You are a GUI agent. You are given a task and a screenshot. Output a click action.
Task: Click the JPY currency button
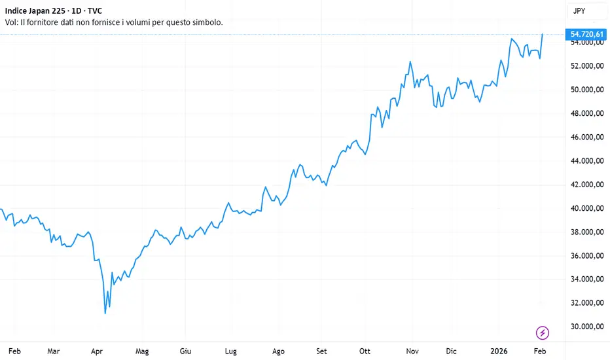point(579,11)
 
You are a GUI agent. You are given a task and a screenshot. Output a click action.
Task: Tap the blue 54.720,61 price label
point(586,33)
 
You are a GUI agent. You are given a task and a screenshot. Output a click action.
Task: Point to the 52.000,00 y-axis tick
point(586,66)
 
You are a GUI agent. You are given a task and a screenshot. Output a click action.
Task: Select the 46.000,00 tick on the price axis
point(586,137)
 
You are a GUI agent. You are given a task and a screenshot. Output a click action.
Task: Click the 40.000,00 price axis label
point(586,208)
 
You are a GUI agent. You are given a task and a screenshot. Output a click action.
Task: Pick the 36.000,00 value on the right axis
point(586,256)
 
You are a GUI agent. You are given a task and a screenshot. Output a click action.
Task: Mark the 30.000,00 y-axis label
point(586,327)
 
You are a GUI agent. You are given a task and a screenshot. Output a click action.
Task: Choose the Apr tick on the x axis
point(98,351)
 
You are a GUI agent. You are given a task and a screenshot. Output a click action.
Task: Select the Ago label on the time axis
point(278,351)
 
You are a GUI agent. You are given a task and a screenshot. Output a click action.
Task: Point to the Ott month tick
point(365,351)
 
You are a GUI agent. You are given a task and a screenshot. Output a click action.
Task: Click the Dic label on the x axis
point(452,351)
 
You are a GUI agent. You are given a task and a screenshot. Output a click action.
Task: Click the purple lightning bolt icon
point(543,333)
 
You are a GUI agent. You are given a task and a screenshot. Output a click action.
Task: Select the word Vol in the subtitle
point(10,22)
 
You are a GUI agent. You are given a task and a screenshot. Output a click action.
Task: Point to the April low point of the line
point(105,314)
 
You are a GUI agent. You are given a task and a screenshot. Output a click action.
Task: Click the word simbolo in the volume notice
point(204,22)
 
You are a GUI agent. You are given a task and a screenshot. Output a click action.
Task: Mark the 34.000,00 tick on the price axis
point(586,279)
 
